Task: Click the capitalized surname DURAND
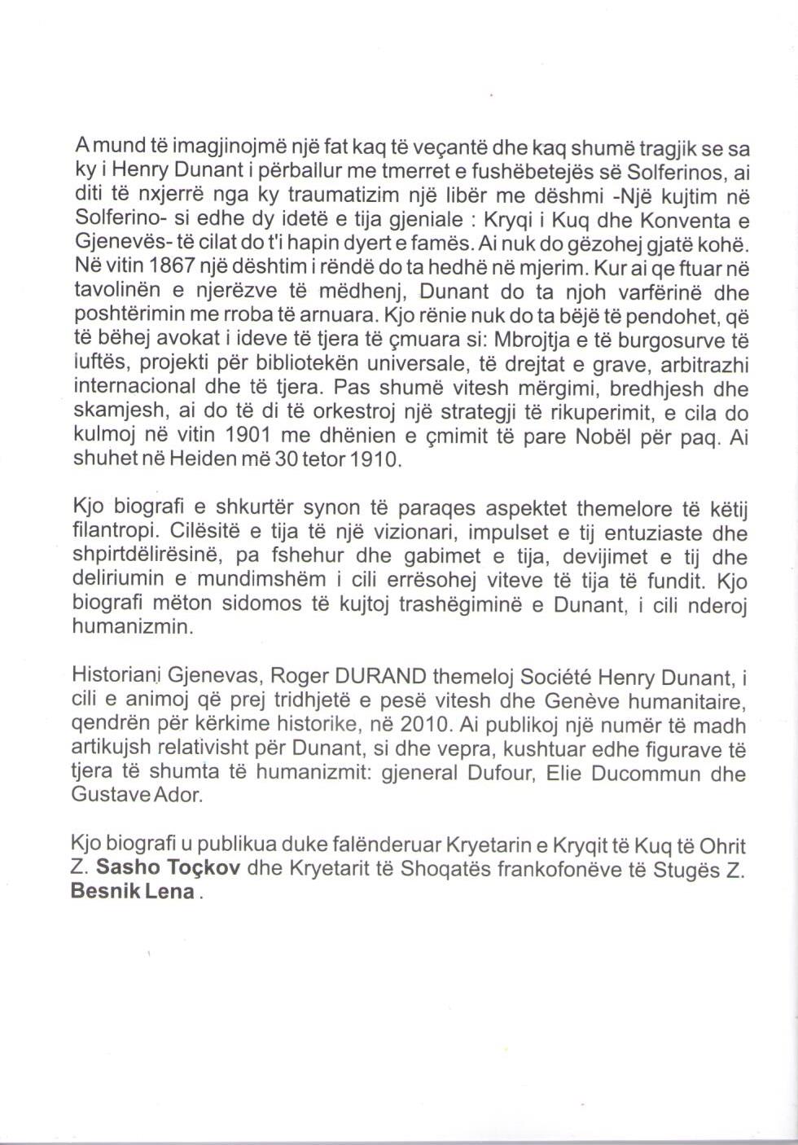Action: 382,675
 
